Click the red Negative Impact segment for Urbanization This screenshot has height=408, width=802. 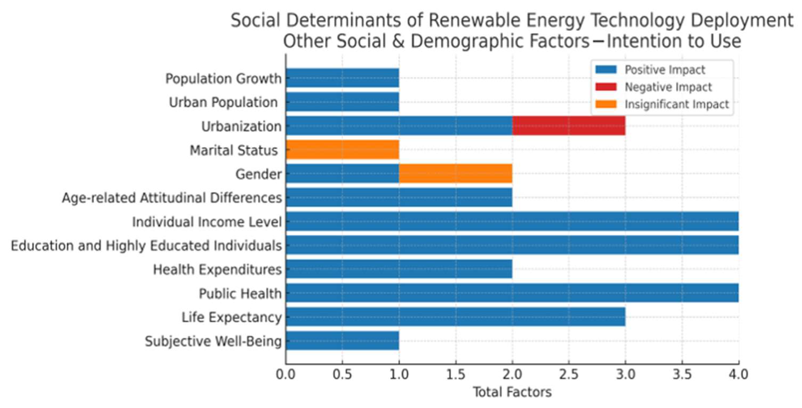(x=568, y=125)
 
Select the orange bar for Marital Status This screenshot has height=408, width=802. (x=342, y=150)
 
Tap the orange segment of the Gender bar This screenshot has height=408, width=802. (x=455, y=173)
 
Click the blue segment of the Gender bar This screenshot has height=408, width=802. (x=342, y=173)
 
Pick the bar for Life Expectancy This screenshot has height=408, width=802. (x=455, y=317)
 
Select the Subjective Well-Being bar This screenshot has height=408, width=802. (x=342, y=341)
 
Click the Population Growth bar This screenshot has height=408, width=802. (x=342, y=78)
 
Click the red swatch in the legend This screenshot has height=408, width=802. (x=606, y=87)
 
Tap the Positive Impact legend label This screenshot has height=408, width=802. (x=665, y=69)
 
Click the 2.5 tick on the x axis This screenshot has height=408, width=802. (x=569, y=374)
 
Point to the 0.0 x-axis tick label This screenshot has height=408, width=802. (x=286, y=374)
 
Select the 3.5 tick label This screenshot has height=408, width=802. (x=682, y=374)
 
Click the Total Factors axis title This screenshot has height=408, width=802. (x=512, y=392)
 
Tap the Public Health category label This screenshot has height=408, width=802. (x=240, y=294)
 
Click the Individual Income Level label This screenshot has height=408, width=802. (x=207, y=222)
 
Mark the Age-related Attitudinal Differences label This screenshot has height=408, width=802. (x=172, y=198)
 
